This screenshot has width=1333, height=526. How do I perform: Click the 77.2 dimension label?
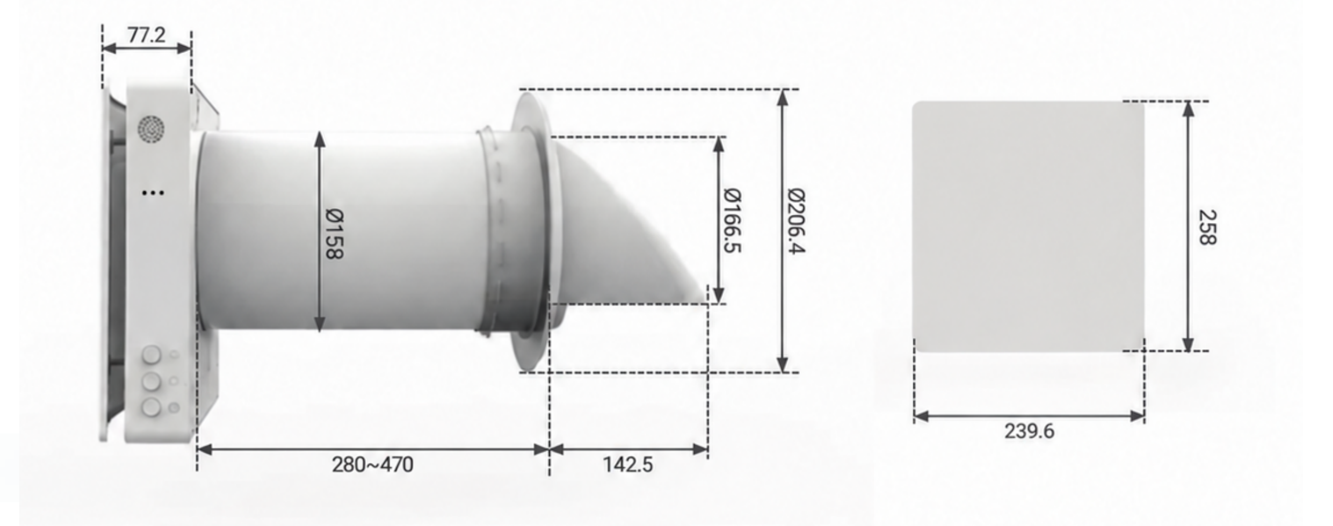pyautogui.click(x=147, y=35)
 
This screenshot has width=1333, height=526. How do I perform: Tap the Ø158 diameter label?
pyautogui.click(x=334, y=234)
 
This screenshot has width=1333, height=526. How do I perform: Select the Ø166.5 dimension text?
pyautogui.click(x=732, y=220)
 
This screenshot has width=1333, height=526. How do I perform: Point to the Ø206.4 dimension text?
pyautogui.click(x=796, y=220)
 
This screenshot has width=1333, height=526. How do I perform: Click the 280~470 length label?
pyautogui.click(x=372, y=465)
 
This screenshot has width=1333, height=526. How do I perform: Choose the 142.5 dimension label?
pyautogui.click(x=628, y=465)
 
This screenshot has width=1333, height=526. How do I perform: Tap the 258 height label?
pyautogui.click(x=1207, y=227)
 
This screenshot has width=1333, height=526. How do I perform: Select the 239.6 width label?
pyautogui.click(x=1029, y=431)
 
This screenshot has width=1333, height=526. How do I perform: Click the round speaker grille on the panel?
pyautogui.click(x=151, y=129)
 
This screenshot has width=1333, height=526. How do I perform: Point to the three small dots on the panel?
pyautogui.click(x=153, y=192)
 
